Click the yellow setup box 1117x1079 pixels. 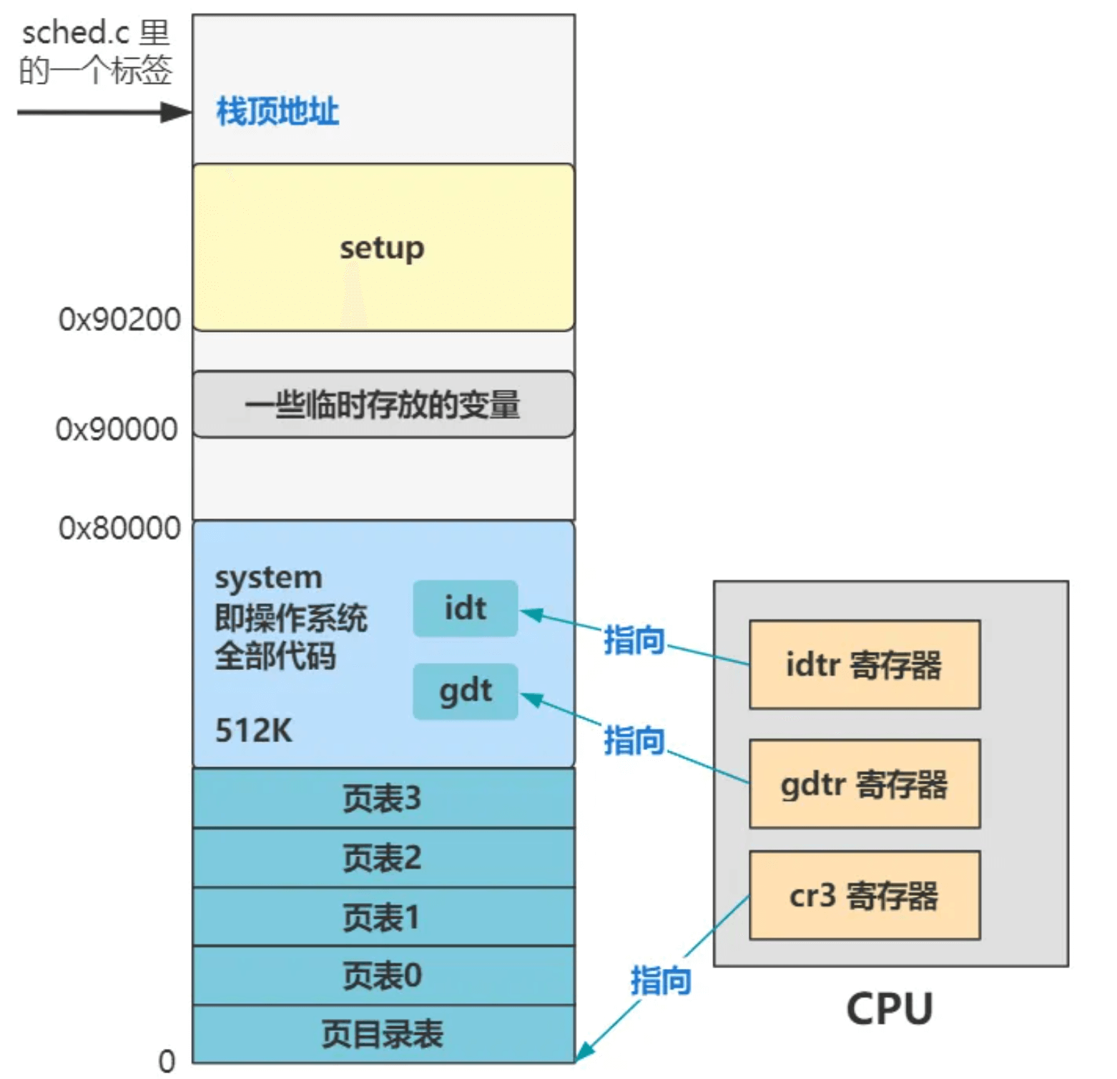click(383, 247)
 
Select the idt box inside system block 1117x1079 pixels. click(466, 609)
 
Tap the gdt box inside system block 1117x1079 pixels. click(466, 691)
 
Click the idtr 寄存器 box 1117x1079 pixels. click(864, 665)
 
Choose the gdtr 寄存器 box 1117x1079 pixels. click(864, 784)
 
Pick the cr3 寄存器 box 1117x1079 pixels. click(864, 895)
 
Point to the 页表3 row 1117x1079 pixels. click(383, 798)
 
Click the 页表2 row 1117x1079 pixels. click(383, 858)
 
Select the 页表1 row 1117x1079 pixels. click(383, 917)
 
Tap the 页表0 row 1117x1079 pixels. click(383, 976)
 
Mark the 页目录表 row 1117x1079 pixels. click(383, 1034)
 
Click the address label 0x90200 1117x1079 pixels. click(119, 320)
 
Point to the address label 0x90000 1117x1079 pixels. click(117, 430)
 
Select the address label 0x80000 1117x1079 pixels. click(119, 528)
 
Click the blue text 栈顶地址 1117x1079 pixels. click(277, 112)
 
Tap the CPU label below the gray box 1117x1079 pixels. click(890, 1009)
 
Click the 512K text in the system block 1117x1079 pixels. click(254, 731)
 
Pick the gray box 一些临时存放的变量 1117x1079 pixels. click(383, 405)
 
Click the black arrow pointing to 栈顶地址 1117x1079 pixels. click(104, 112)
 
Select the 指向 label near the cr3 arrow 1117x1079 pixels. click(661, 980)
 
